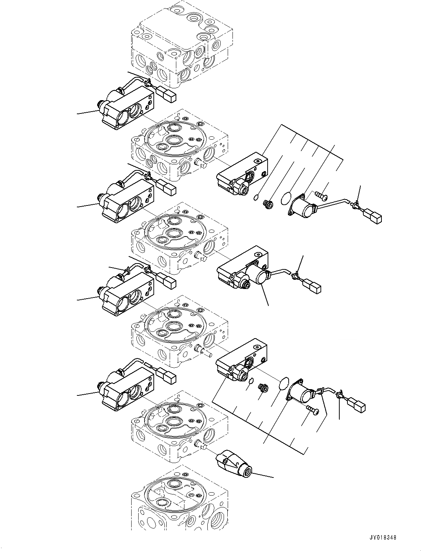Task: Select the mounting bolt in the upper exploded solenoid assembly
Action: (321, 193)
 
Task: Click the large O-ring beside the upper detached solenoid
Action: (286, 198)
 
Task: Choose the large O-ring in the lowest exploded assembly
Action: (284, 382)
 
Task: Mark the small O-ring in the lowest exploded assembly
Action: (251, 381)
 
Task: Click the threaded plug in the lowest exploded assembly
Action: (263, 388)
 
